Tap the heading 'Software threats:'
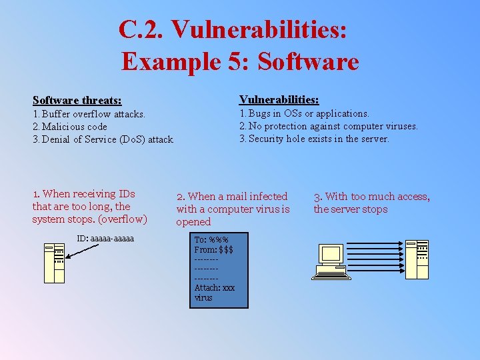77,101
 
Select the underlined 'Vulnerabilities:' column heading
279,99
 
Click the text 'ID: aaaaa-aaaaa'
105,239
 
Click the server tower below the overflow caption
54,263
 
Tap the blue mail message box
218,269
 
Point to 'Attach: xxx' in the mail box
215,288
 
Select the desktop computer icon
332,261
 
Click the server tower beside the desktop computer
417,259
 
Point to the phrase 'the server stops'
350,209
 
